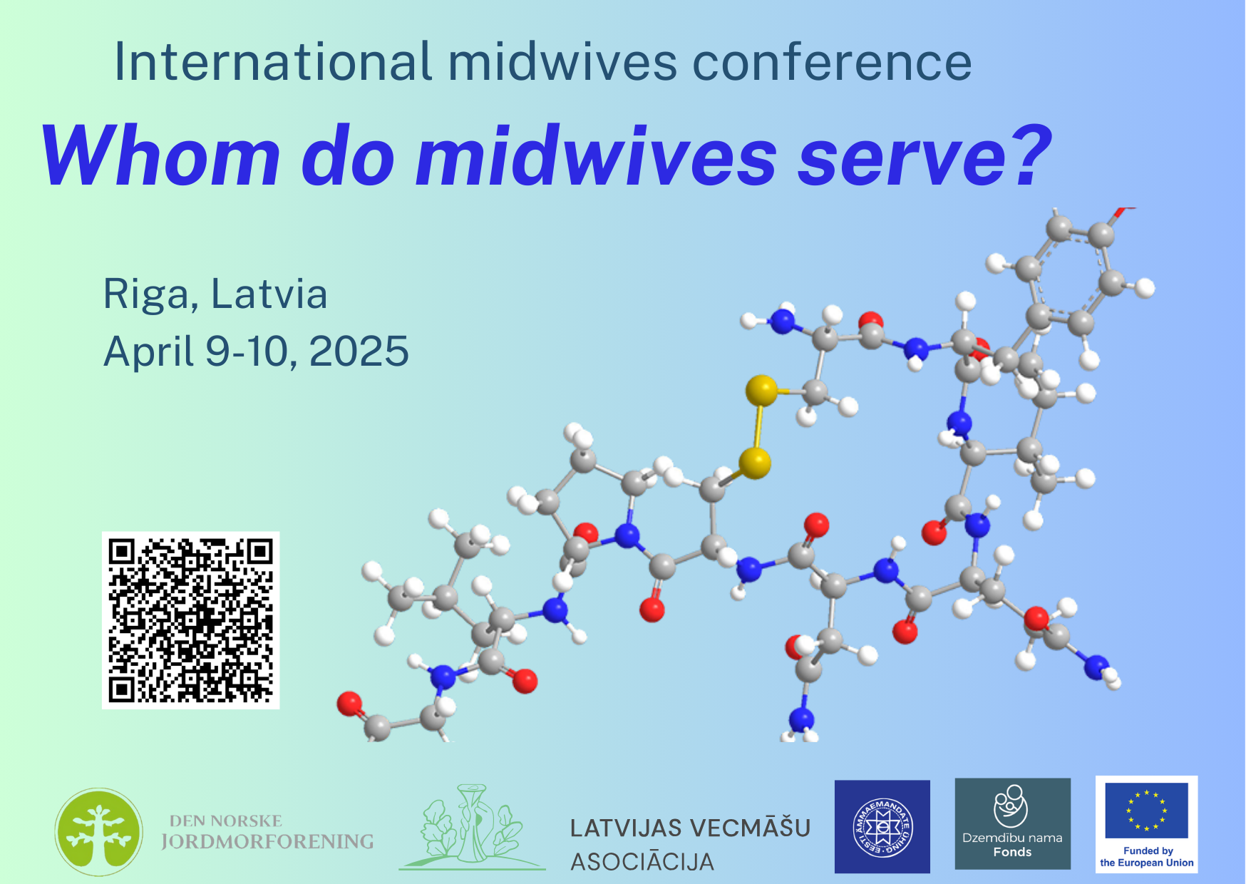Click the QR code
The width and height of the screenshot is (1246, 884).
190,620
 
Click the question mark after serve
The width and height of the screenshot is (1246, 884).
1026,155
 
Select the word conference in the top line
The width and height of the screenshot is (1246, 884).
832,62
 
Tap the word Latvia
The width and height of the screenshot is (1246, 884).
269,294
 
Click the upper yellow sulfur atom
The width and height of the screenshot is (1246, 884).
761,391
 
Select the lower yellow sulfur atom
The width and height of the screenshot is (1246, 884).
755,463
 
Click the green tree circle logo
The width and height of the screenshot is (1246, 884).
99,832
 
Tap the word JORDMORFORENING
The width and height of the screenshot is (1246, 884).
267,842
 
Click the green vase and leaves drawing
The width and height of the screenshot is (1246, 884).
472,828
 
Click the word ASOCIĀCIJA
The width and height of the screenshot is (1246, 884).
642,862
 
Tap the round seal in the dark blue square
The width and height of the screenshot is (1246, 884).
882,827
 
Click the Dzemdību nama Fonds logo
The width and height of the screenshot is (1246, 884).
1013,823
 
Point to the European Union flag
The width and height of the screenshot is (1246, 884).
1147,811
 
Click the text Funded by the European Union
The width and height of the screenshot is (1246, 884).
1147,856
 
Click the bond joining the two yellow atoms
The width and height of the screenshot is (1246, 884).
758,428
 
